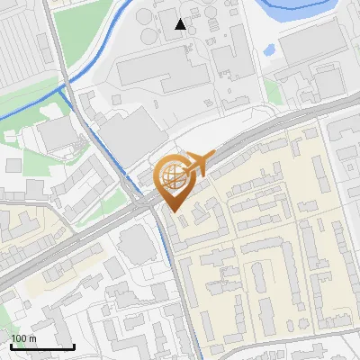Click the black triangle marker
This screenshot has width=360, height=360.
coord(181,24)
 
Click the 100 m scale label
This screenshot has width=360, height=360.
coord(23,338)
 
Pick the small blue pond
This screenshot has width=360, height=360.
coord(268,50)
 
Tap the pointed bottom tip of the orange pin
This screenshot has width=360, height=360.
coord(175,211)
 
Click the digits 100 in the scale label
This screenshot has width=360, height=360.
coord(18,338)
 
